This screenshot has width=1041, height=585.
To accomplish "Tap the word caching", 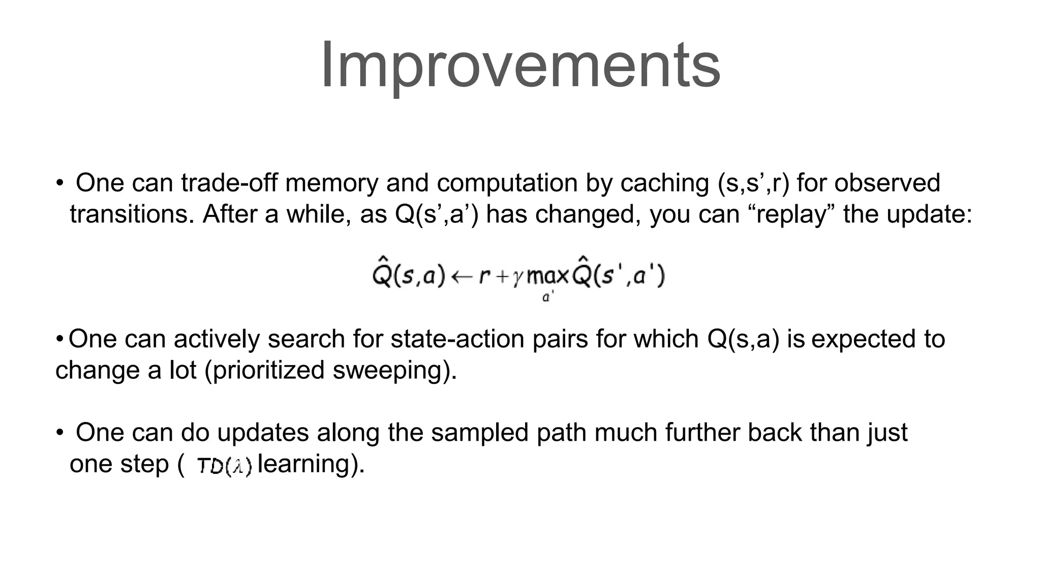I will [664, 183].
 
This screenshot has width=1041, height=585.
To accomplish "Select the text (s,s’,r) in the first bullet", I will [754, 183].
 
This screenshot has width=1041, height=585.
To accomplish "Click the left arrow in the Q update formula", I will [462, 277].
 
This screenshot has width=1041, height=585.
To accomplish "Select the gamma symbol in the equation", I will [517, 278].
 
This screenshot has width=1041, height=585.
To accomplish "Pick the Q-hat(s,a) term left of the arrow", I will [408, 276].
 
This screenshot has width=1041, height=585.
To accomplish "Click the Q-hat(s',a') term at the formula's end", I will [618, 276].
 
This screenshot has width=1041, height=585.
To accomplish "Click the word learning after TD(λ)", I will [303, 464].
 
